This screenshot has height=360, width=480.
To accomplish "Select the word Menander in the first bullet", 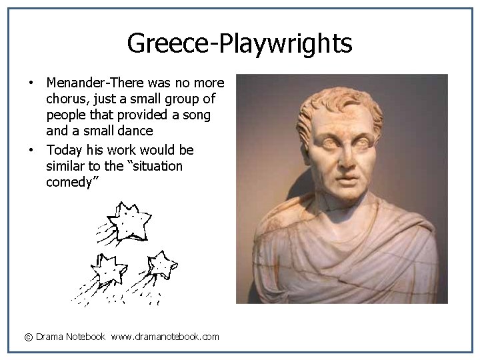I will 76,83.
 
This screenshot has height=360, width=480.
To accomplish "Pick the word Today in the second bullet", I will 63,150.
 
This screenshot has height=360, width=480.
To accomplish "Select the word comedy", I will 71,182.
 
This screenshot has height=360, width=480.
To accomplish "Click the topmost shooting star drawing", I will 129,221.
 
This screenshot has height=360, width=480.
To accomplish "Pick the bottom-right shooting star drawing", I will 161,265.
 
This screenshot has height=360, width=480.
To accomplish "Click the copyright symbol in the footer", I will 29,337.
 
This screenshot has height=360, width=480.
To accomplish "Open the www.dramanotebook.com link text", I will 165,337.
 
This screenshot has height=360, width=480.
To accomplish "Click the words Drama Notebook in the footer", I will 71,337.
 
